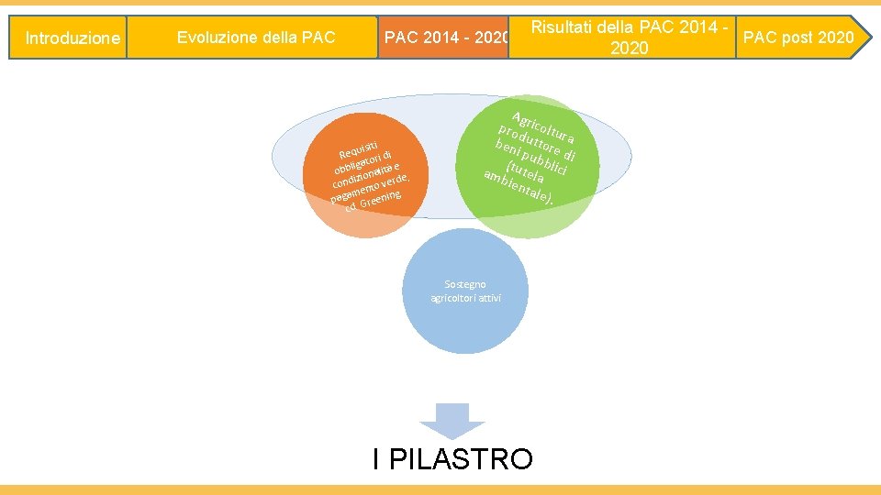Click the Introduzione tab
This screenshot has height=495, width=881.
[x=72, y=38]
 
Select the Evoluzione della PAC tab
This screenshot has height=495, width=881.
[x=256, y=38]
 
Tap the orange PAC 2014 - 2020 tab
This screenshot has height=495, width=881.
[x=445, y=38]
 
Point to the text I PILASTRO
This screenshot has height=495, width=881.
[x=452, y=458]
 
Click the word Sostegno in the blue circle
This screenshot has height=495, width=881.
[x=466, y=284]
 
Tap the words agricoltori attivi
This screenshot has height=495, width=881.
[x=466, y=299]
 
